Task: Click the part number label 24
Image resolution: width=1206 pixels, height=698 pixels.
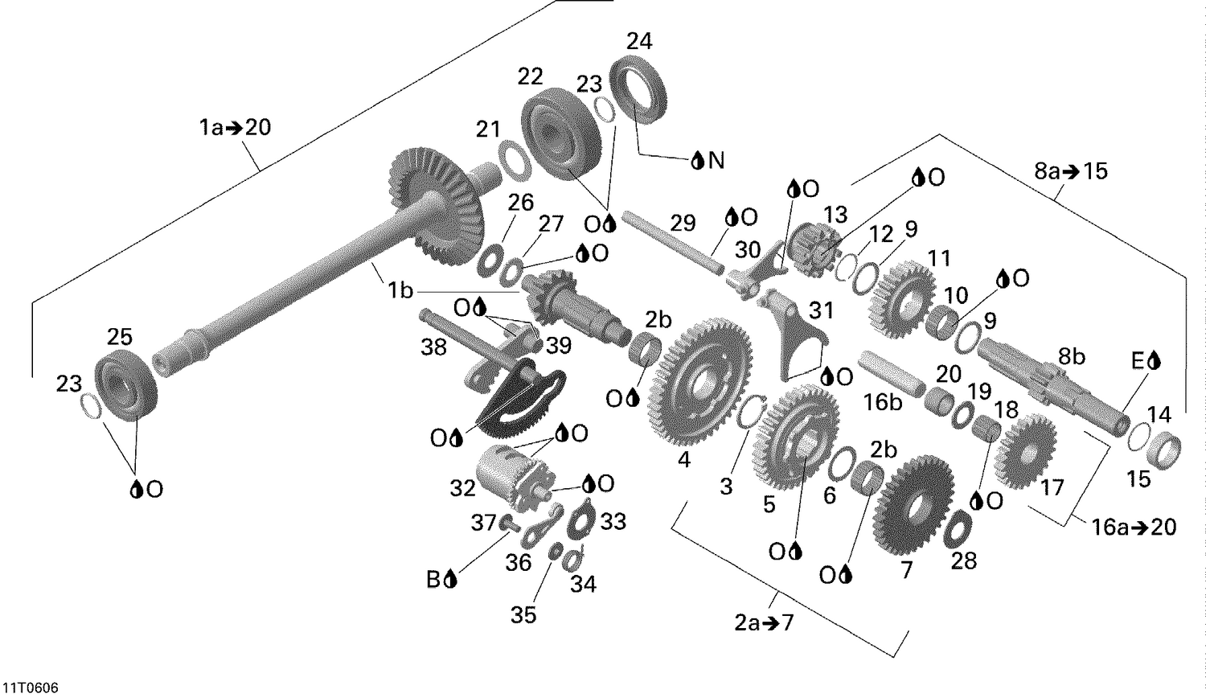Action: pos(639,40)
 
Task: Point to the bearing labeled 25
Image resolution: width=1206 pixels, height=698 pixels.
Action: pos(125,384)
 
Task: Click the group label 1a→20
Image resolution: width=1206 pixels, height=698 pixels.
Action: pos(235,126)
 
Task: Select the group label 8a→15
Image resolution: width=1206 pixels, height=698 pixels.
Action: pos(1070,170)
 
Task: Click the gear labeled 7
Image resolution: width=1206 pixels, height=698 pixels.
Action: pos(913,503)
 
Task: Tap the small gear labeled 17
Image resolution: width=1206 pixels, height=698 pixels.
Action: pos(1024,451)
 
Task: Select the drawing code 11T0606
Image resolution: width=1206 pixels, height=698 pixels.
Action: pos(30,688)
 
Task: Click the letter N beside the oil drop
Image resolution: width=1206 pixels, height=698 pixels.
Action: pos(715,161)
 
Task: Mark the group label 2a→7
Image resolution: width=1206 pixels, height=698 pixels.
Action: pos(763,622)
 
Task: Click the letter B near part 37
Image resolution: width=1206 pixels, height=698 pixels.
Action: pos(433,578)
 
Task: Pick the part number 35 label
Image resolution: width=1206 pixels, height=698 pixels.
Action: pos(523,615)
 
